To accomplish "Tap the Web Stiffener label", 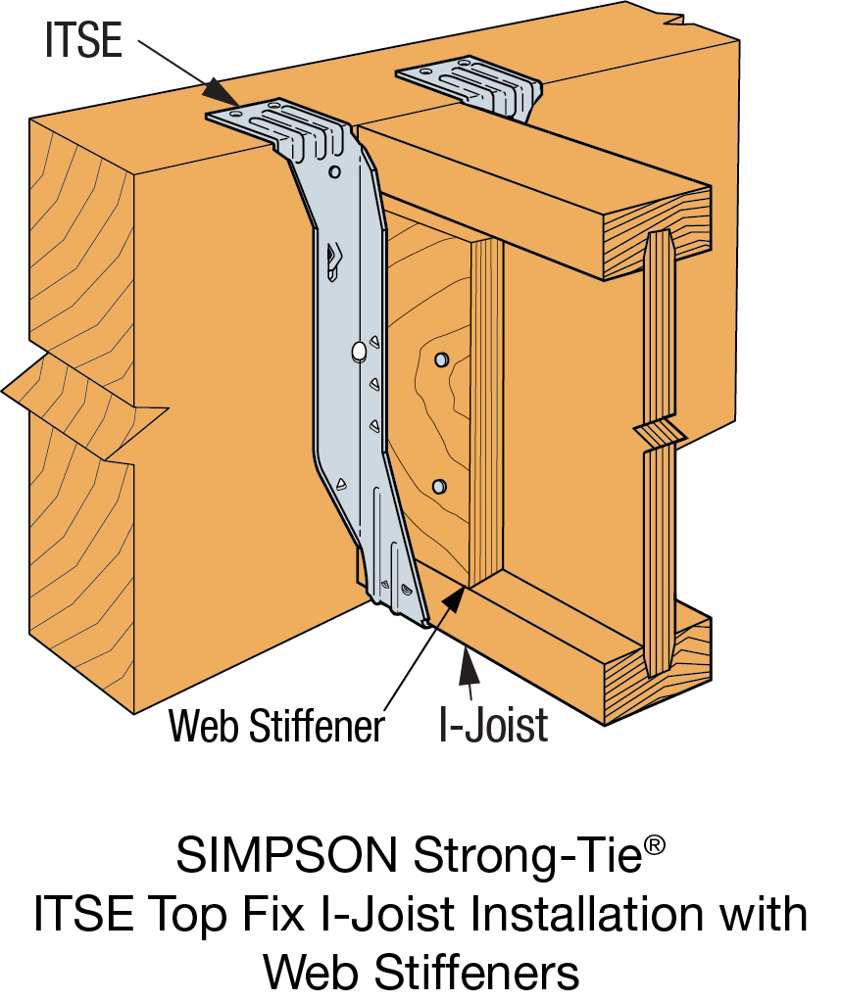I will click(x=276, y=726).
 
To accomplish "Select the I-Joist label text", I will click(x=493, y=726).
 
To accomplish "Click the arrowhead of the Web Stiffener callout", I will click(x=453, y=596).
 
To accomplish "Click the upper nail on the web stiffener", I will click(x=440, y=359).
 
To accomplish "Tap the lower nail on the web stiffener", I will click(x=438, y=485).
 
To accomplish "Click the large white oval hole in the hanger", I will click(x=359, y=350).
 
